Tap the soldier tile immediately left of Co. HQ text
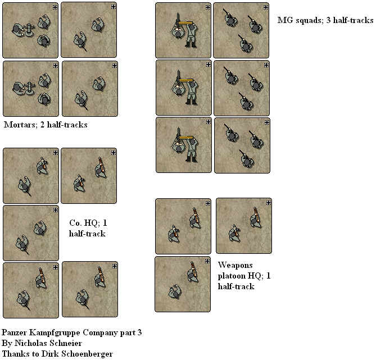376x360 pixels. [31, 233]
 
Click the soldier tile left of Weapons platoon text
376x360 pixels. [183, 284]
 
